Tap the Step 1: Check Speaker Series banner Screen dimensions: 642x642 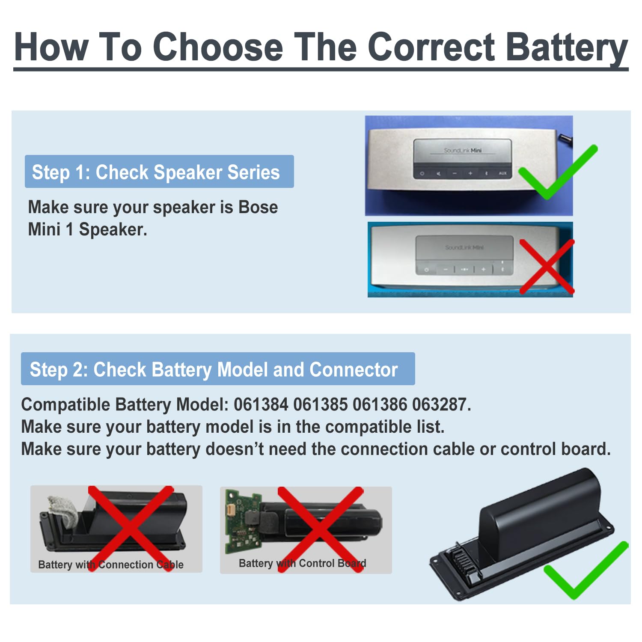[x=159, y=172]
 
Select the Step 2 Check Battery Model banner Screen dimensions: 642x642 [x=217, y=369]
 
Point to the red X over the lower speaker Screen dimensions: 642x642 [x=547, y=266]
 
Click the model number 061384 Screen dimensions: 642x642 [x=261, y=404]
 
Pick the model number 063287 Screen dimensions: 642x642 [x=440, y=404]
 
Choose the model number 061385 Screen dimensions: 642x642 [x=320, y=404]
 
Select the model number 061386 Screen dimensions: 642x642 [x=380, y=404]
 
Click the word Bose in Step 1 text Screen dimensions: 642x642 [x=258, y=207]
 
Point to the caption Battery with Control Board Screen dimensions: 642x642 [x=302, y=563]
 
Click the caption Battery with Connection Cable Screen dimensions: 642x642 [x=110, y=565]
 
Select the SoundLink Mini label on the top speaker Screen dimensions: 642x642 [x=463, y=150]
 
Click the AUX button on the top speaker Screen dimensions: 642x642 [x=502, y=173]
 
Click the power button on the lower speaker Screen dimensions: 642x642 [x=426, y=270]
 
